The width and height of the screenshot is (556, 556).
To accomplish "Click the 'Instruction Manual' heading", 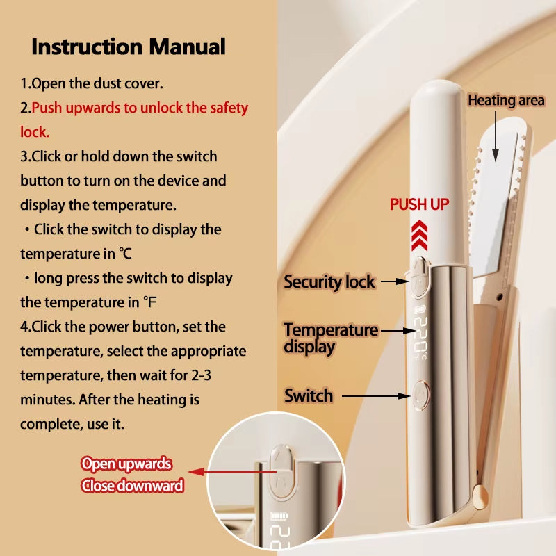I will click(x=129, y=47).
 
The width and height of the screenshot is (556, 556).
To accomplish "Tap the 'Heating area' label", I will click(x=506, y=101).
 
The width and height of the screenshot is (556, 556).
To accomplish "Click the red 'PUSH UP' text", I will click(x=419, y=204).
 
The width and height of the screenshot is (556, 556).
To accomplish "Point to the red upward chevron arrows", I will click(x=419, y=234).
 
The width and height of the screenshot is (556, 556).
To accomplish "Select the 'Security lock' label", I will click(x=329, y=282).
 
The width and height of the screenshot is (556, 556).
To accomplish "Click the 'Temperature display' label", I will click(x=330, y=338).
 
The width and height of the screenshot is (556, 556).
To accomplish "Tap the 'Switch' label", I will click(x=309, y=396).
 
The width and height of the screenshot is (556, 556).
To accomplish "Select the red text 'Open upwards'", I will click(x=126, y=464).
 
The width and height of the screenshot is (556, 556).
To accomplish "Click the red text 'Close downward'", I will click(x=132, y=486).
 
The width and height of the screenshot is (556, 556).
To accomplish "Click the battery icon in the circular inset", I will click(x=277, y=518).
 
